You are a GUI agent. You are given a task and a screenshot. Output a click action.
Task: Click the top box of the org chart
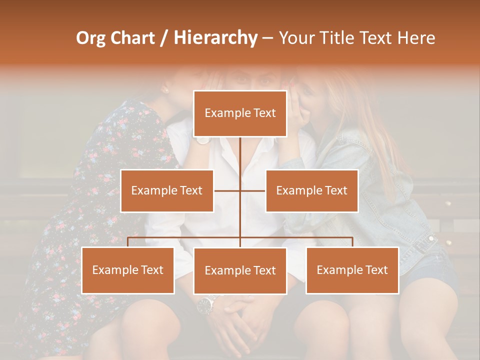pos(240,113)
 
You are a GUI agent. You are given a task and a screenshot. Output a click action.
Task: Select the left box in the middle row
pos(167,190)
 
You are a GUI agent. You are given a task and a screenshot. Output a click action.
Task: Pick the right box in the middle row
pos(311,190)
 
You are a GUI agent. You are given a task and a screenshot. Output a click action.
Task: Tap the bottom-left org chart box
pos(128,270)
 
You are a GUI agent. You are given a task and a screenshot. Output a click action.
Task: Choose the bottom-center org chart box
pos(240,270)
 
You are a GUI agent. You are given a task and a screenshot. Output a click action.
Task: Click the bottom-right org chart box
pos(352,270)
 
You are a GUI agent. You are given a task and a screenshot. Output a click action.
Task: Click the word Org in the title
pos(90,38)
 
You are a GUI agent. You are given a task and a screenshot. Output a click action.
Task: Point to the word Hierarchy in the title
pos(215,38)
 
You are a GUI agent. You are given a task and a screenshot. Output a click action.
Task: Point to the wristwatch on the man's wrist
pos(206,303)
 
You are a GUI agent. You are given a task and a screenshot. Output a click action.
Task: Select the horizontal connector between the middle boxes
pos(240,190)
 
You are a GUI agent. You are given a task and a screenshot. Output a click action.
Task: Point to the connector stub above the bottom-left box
pos(128,242)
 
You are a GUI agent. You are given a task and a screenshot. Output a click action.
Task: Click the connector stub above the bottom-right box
pos(352,242)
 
